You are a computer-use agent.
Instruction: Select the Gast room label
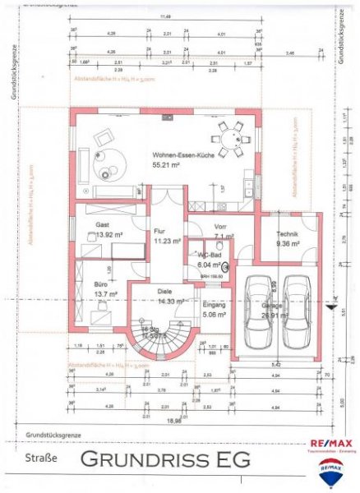pos(102,224)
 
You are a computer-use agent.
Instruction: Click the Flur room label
pos(160,232)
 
